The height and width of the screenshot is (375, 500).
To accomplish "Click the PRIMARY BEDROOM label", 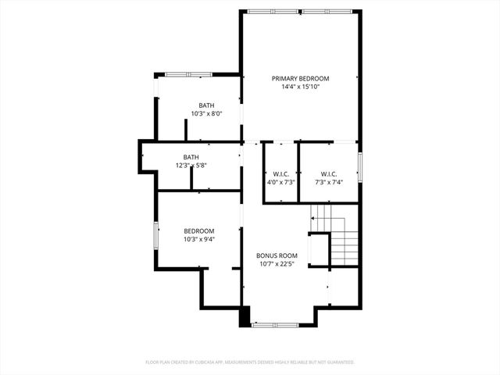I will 300,79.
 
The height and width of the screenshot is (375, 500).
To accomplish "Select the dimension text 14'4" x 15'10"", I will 300,87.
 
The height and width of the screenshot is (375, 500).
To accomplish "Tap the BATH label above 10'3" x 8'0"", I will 206,105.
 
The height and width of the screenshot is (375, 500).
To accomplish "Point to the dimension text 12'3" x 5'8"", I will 191,165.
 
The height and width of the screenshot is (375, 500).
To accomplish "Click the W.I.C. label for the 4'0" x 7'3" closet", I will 281,173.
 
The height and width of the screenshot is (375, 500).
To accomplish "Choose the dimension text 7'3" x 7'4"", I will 328,182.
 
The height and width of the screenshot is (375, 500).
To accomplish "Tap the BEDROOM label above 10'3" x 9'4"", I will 198,231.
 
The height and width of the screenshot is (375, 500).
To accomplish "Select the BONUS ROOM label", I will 277,255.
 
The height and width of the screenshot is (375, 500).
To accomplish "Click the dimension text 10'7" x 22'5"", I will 277,264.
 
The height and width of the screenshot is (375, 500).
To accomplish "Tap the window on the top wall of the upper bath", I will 187,74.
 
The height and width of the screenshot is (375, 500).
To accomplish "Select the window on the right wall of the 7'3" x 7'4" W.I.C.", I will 360,166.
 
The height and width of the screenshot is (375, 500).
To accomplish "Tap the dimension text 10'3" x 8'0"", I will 206,114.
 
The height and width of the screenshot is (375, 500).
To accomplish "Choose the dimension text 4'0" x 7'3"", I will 281,182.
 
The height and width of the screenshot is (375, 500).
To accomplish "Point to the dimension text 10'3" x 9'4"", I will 198,240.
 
